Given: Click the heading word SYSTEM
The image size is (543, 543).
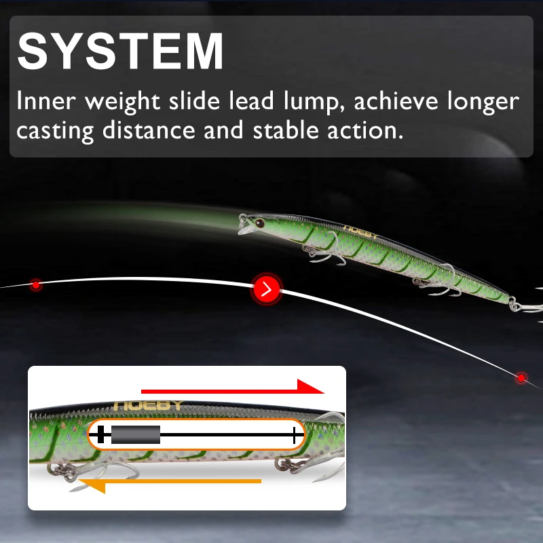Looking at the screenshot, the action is pyautogui.click(x=121, y=50).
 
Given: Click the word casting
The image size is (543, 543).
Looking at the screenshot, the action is pyautogui.click(x=56, y=130).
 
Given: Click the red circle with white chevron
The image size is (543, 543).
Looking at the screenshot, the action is pyautogui.click(x=267, y=290).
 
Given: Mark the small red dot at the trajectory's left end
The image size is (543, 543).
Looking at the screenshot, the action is pyautogui.click(x=36, y=286).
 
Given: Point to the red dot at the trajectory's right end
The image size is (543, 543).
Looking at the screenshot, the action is pyautogui.click(x=521, y=377).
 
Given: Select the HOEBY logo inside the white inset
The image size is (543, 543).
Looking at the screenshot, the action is pyautogui.click(x=148, y=405).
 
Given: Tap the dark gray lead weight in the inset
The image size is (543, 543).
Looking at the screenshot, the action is pyautogui.click(x=135, y=434).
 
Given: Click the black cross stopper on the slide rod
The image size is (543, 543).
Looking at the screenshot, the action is pyautogui.click(x=101, y=434).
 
